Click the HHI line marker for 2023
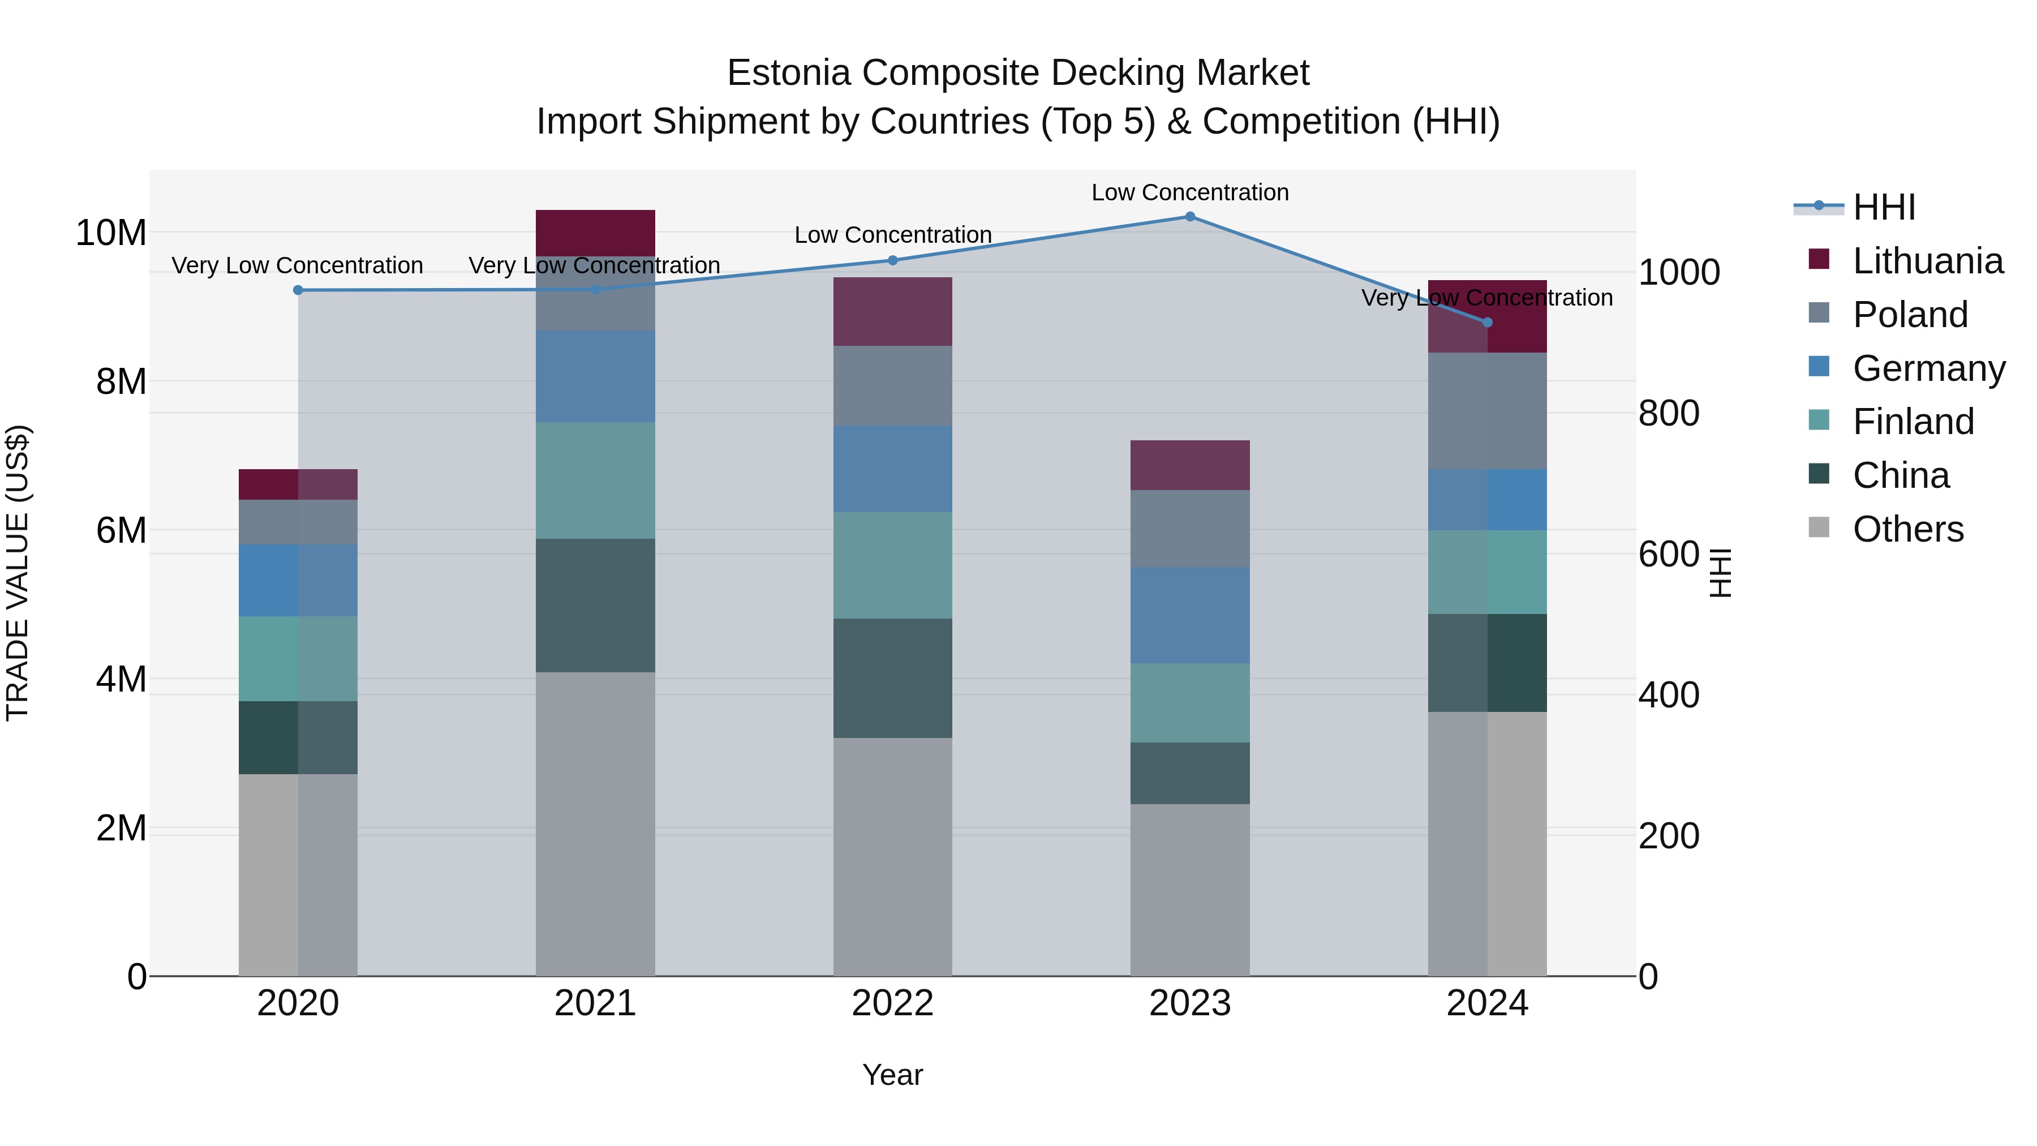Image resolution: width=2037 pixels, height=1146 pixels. tap(1189, 217)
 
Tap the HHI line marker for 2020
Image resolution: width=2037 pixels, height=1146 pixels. tap(298, 290)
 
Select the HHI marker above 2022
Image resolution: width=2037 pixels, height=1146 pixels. tap(893, 260)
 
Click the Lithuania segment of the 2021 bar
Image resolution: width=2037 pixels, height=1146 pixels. tap(595, 233)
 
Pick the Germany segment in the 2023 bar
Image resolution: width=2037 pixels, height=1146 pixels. tap(1189, 615)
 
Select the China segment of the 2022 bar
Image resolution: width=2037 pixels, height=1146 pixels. tap(893, 678)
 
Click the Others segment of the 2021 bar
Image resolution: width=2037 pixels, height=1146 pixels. tap(595, 823)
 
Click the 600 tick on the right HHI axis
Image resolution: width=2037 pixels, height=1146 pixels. tap(1669, 555)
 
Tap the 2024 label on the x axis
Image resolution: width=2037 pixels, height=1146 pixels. tap(1486, 1003)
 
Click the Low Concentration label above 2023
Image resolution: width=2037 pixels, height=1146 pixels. tap(1189, 192)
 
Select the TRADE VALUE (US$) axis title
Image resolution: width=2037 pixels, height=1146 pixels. tap(18, 573)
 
